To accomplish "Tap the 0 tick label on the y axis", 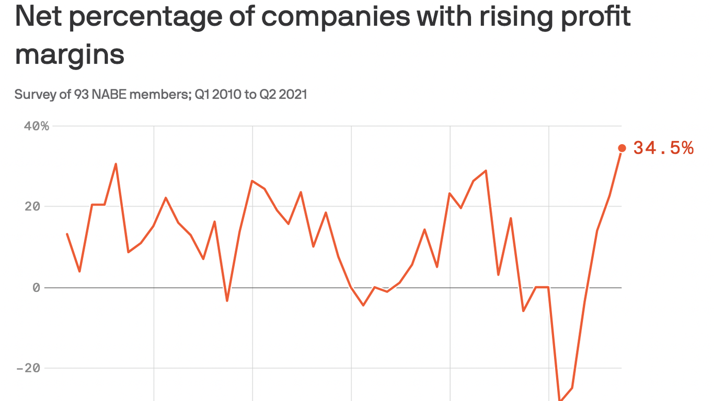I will tap(36, 288).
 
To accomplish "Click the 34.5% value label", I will tap(663, 148).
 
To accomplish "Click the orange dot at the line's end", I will tap(622, 148).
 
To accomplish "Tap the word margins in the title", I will tap(70, 54).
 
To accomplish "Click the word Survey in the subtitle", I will tap(31, 95).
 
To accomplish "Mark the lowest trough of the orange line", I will tap(561, 400).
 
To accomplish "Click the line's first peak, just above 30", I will tap(116, 164).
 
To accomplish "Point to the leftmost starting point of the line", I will tap(67, 234).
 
